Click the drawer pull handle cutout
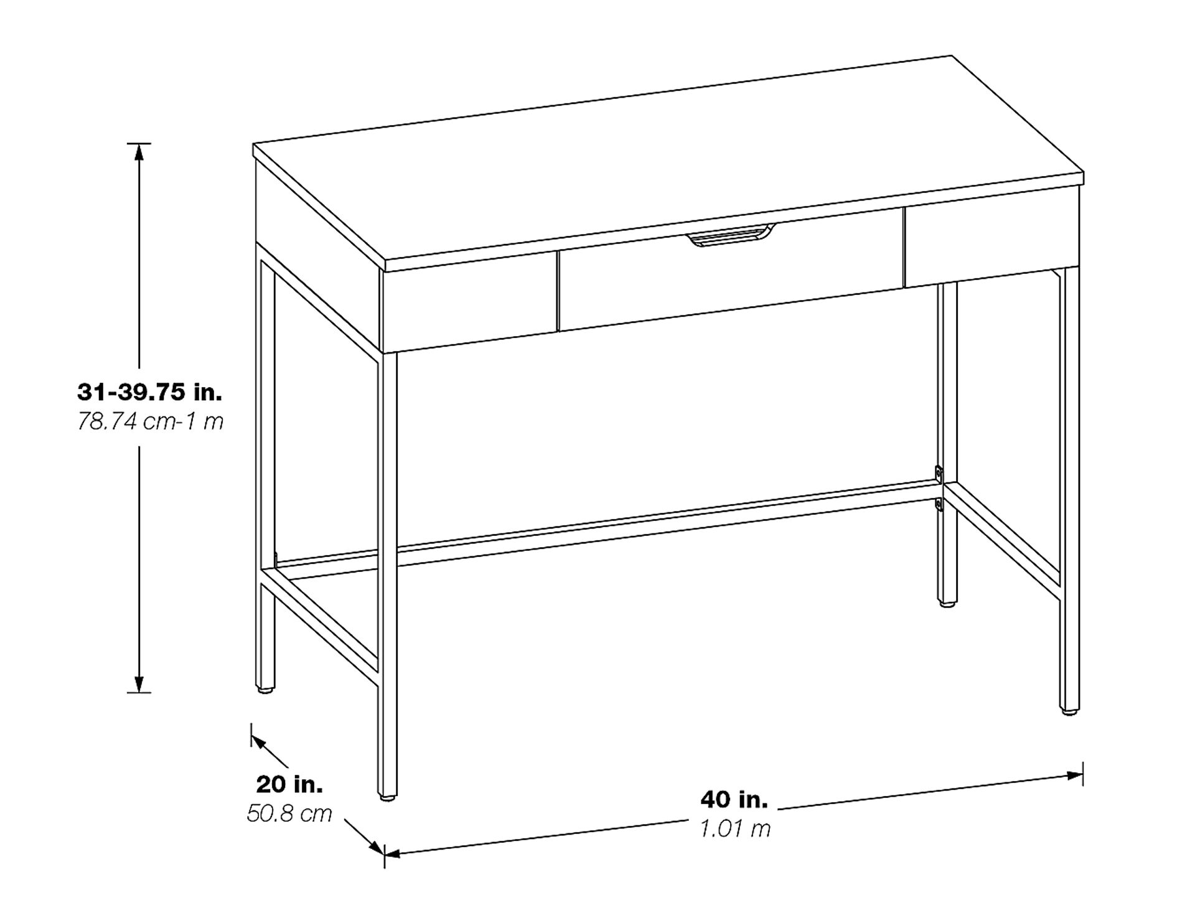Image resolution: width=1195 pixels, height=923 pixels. click(x=730, y=238)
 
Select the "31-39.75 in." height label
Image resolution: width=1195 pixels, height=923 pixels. click(x=149, y=392)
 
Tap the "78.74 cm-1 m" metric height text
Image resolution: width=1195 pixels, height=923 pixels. click(x=150, y=422)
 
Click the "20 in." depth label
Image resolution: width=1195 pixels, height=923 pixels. click(x=289, y=784)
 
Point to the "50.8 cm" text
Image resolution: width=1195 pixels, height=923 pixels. click(x=289, y=813)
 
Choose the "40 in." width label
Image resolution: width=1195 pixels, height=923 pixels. click(x=734, y=799)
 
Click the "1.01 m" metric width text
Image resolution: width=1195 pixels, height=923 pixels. click(x=735, y=828)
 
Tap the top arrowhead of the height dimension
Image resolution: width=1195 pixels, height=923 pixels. click(x=139, y=151)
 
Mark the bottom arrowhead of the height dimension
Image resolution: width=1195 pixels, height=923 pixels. click(x=139, y=685)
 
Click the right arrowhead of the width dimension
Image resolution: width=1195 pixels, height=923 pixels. click(x=1075, y=775)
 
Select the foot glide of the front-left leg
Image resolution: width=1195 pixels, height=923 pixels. click(x=387, y=796)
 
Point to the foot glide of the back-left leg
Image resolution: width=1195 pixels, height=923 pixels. click(x=265, y=690)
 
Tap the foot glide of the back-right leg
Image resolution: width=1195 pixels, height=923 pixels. click(x=947, y=602)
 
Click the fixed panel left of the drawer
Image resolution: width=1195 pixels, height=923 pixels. click(x=470, y=302)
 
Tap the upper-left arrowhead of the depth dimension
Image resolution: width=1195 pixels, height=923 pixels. click(x=257, y=741)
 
